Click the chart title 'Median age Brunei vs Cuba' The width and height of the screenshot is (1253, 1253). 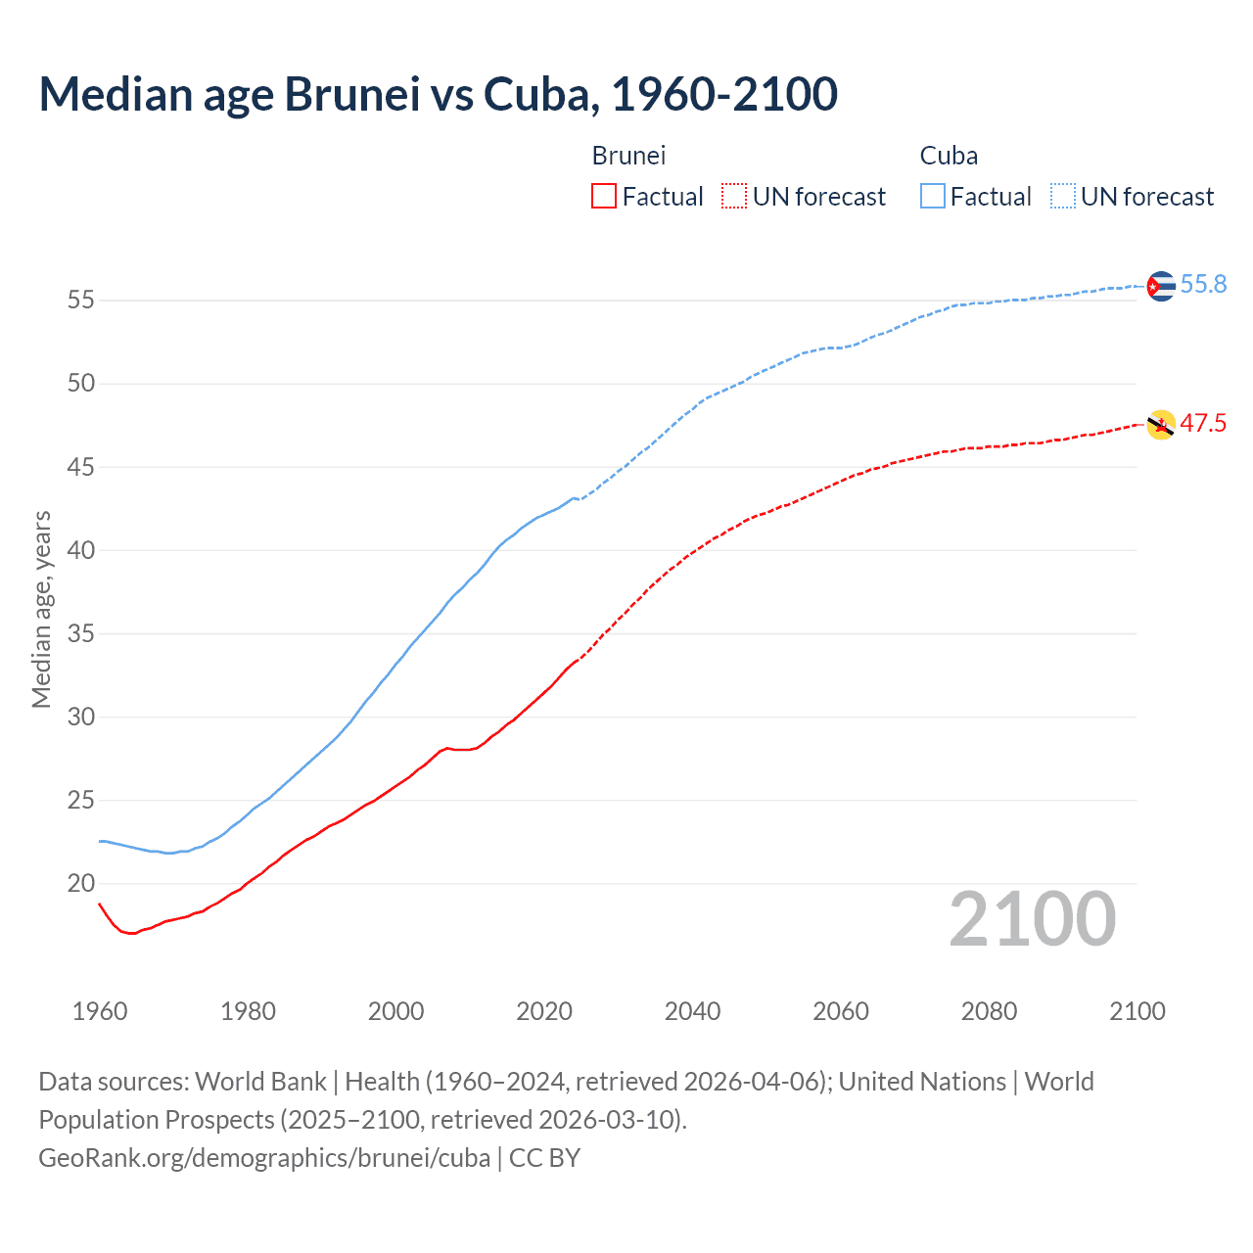438,94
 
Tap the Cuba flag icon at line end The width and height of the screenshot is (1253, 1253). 1160,286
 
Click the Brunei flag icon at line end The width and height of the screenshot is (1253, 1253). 1160,425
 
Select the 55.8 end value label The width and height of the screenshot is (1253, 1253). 1203,285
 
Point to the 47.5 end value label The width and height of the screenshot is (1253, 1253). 1203,424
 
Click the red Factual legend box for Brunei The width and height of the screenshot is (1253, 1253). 604,197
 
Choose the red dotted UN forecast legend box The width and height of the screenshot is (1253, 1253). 734,197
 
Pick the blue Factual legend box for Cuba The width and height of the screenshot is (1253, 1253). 932,197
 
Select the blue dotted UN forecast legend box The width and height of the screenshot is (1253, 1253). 1062,197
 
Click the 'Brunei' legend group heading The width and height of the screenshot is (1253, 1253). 628,156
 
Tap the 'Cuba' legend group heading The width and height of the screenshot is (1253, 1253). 949,156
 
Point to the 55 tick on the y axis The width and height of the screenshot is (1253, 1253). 81,301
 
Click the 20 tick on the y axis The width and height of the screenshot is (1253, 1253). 81,884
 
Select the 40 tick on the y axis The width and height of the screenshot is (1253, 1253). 81,550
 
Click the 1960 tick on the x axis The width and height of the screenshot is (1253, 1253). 100,1011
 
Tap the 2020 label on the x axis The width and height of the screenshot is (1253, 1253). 544,1011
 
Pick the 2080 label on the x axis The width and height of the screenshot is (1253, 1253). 989,1011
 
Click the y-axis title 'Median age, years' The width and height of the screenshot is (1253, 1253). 41,609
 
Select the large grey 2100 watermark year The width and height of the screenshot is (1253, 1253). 1032,919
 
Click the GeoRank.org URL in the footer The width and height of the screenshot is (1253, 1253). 264,1158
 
